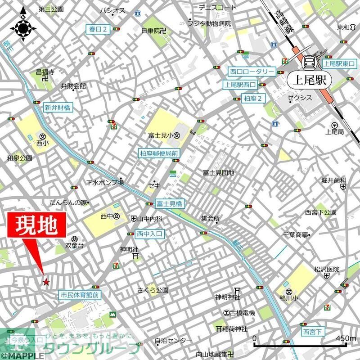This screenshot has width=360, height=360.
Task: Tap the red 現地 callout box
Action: pos(36,225)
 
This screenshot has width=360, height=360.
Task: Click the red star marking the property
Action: pos(46,282)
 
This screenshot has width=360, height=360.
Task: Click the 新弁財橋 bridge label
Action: pos(57,108)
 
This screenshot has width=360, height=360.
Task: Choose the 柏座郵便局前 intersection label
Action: pos(159,153)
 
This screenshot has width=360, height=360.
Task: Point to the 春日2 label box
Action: pos(98,30)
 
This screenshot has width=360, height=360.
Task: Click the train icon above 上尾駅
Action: pos(309,62)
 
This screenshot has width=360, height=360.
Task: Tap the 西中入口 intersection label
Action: pos(150,234)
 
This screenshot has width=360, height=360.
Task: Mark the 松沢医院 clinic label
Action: pos(326,270)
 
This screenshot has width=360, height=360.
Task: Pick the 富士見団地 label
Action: pos(219,173)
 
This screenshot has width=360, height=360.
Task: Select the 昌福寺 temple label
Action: pos(45,72)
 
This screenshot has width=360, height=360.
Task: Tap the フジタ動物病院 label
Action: pos(209,23)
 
